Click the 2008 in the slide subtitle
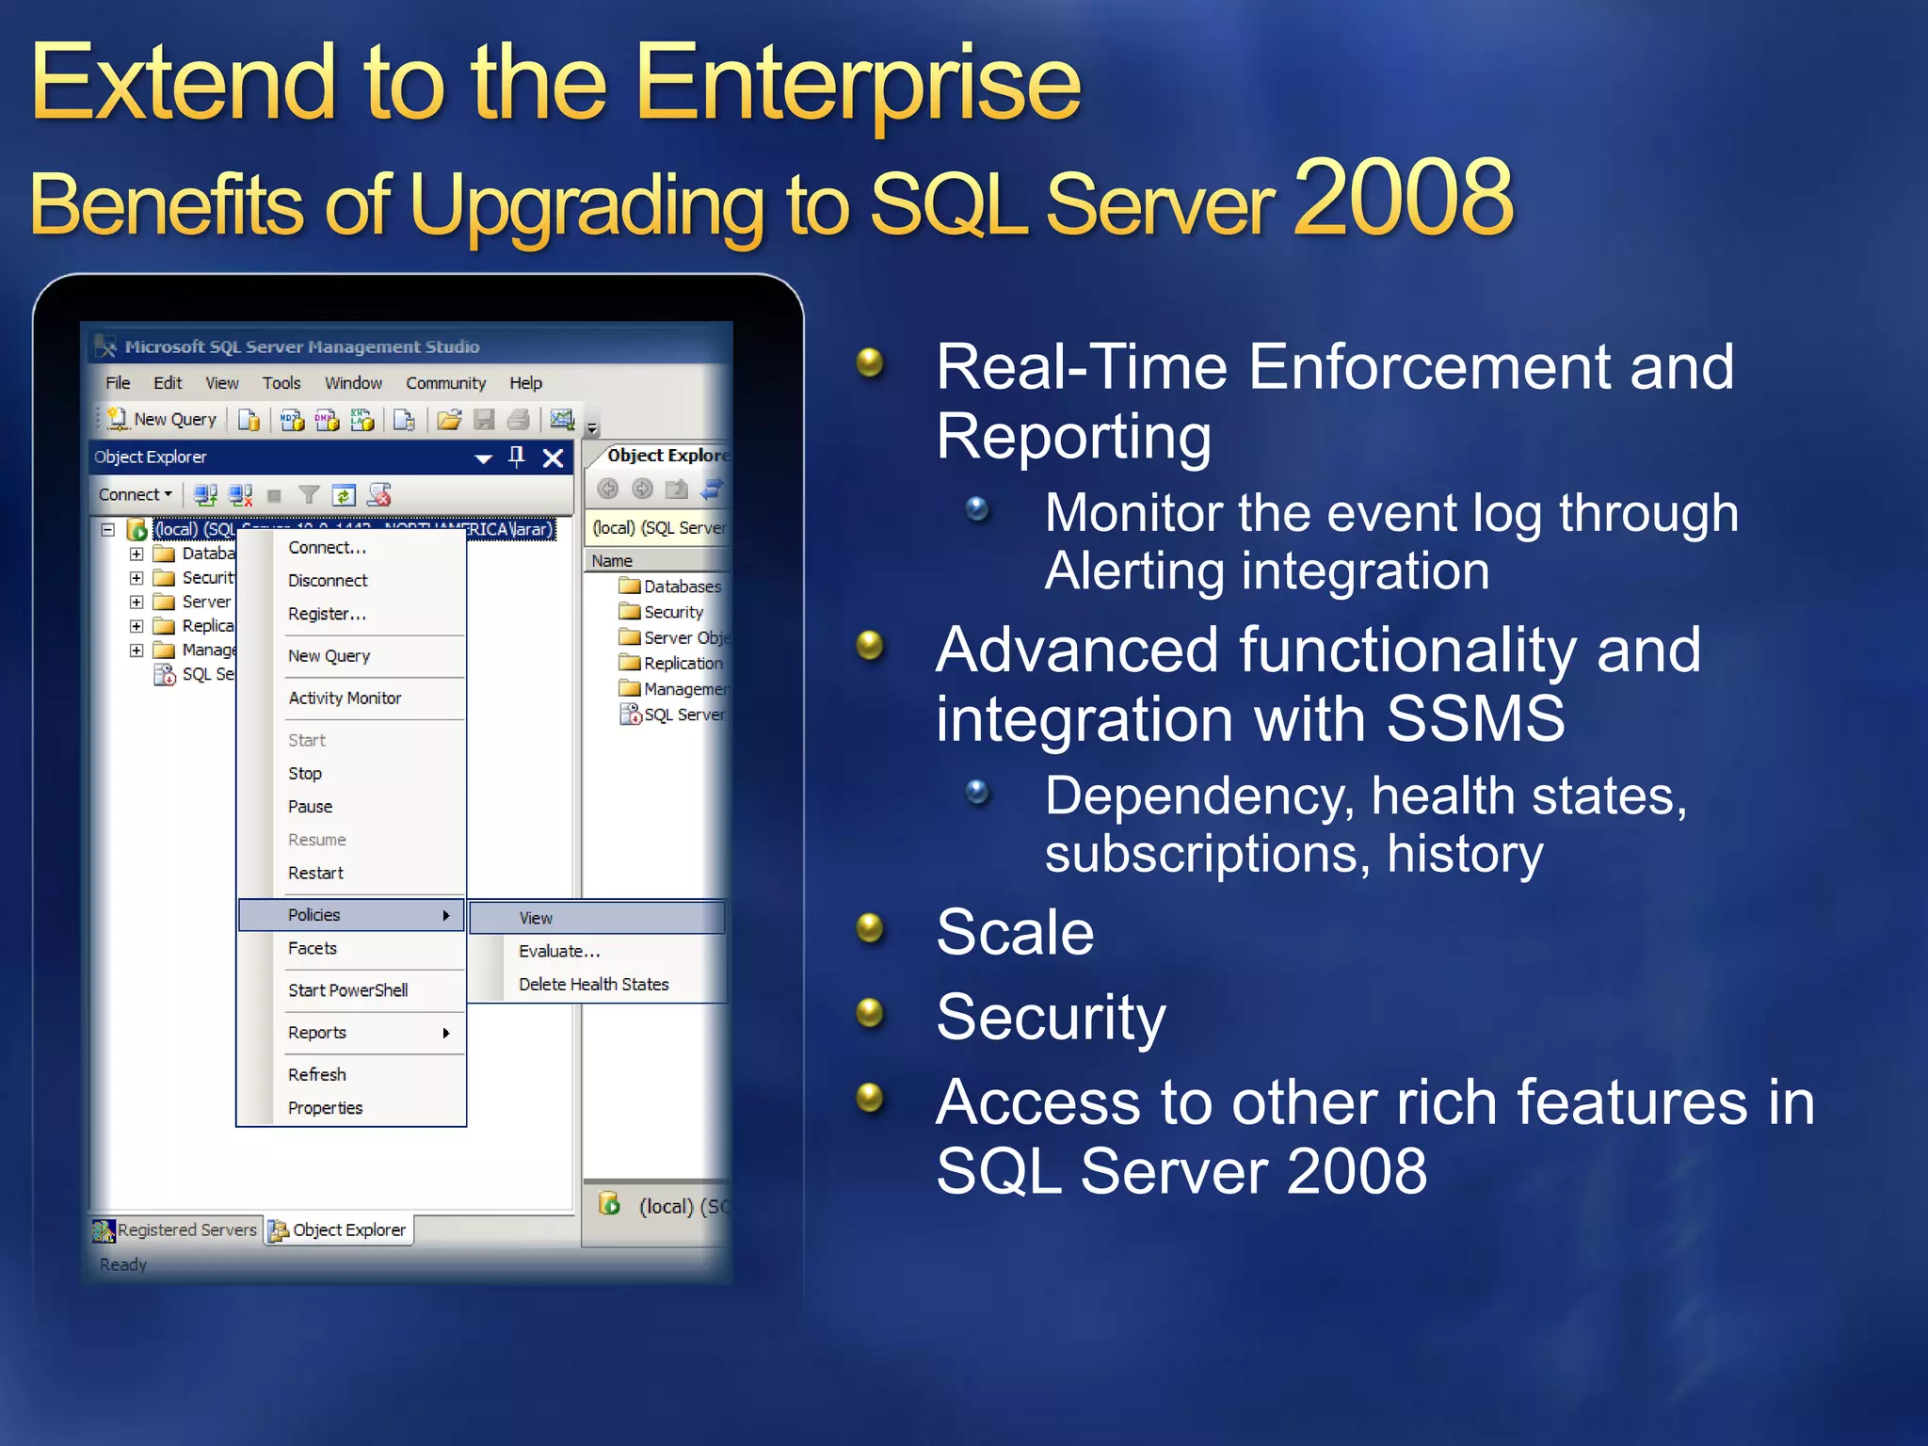1403,200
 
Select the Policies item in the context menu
314,915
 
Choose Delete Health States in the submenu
593,985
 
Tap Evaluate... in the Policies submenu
558,952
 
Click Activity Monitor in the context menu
345,699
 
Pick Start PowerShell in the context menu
347,990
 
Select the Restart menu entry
315,874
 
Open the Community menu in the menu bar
445,383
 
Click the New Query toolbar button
162,420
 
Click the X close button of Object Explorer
554,458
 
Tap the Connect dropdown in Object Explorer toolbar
135,495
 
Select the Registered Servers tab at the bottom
176,1230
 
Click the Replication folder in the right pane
682,664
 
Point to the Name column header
612,561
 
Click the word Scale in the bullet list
1015,933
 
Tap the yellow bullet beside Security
869,1014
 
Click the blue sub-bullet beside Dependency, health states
977,792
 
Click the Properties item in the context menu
325,1108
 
